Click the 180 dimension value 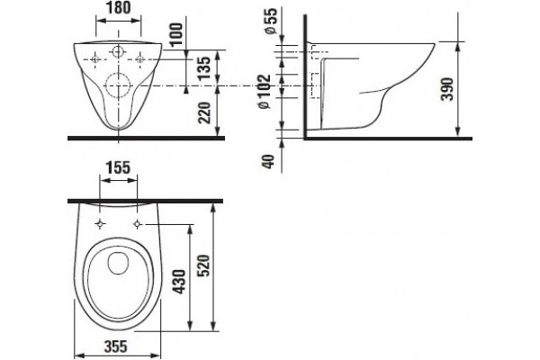tap(119, 8)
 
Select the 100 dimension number tap(176, 34)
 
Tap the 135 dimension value tap(205, 68)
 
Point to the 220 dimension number tap(205, 112)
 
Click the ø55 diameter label tap(271, 21)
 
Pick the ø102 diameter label tap(265, 91)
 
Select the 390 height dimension tap(447, 89)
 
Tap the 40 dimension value tap(269, 161)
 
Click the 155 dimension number tap(118, 167)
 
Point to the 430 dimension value tap(179, 282)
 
